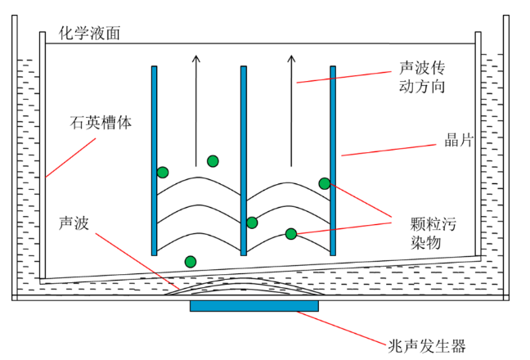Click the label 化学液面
tap(90, 33)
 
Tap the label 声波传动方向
tap(421, 75)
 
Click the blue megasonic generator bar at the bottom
tap(254, 306)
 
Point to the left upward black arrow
tap(195, 106)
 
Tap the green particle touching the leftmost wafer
tap(163, 173)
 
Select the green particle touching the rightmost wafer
tap(325, 183)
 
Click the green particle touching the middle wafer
tap(252, 223)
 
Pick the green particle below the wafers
tap(191, 262)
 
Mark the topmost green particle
tap(213, 160)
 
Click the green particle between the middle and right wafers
tap(290, 234)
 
